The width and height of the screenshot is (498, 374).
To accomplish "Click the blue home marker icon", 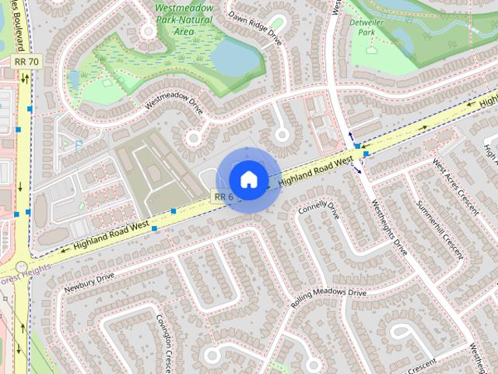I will [x=248, y=179].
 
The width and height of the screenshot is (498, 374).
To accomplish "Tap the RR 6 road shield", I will [x=223, y=197].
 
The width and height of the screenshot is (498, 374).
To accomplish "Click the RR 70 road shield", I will [x=26, y=61].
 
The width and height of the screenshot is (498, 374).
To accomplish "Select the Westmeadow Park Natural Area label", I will [x=184, y=20].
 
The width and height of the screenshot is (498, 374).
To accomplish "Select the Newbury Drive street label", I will [x=89, y=281].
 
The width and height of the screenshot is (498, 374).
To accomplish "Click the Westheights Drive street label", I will [x=389, y=230].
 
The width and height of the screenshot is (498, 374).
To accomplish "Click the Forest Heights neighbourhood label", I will [x=23, y=272].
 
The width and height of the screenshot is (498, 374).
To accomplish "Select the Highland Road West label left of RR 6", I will [x=111, y=235].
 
